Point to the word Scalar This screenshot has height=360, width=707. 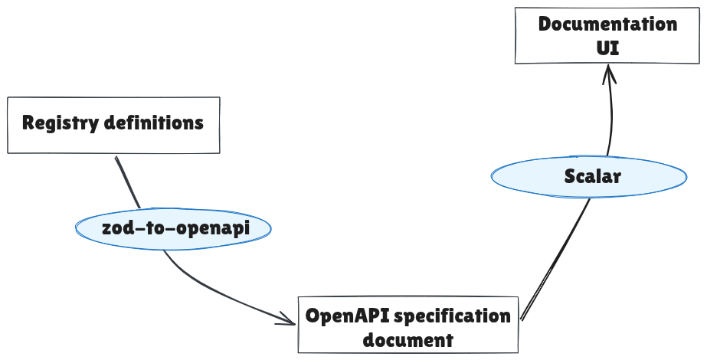592,176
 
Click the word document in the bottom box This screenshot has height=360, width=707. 408,339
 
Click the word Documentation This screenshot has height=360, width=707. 607,24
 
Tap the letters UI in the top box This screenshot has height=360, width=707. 607,47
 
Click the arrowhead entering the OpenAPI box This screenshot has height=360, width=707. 290,322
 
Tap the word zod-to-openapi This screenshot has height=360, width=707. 175,227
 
